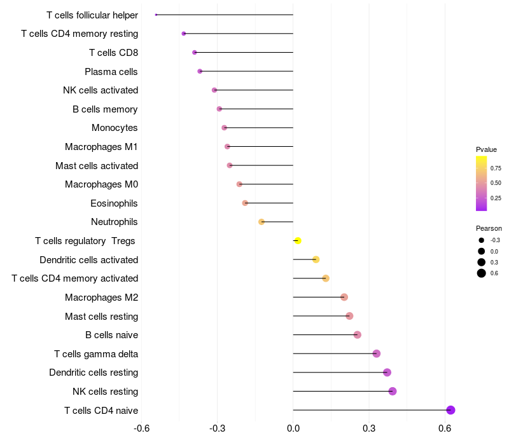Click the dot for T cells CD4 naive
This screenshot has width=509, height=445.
point(450,410)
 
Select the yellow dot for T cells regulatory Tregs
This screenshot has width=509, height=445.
point(297,240)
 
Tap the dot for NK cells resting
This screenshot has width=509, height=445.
point(393,391)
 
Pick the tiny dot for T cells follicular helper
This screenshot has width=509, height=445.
point(156,15)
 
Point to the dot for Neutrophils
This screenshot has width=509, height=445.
point(261,222)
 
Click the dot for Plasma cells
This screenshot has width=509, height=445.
point(200,71)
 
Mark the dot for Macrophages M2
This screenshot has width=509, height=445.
point(344,297)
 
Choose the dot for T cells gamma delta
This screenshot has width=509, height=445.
point(377,353)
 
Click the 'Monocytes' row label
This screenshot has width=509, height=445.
point(115,128)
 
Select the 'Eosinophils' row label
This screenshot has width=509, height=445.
point(114,203)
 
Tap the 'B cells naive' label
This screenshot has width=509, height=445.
point(111,335)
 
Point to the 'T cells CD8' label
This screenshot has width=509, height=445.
point(113,53)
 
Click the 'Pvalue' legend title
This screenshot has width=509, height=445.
point(486,149)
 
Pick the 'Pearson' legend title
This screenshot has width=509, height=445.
point(489,228)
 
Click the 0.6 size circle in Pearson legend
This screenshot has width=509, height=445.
point(481,273)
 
